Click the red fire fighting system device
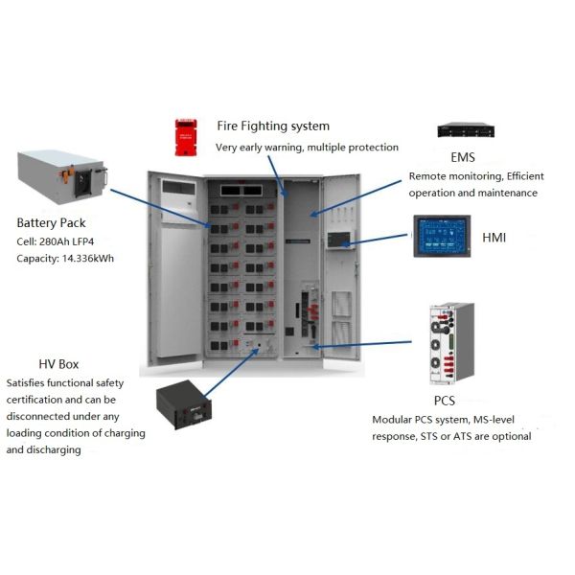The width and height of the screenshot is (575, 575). click(x=184, y=137)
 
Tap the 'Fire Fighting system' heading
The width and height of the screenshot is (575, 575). click(x=273, y=126)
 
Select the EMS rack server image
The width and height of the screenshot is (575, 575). click(x=467, y=130)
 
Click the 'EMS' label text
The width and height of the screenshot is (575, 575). click(x=462, y=156)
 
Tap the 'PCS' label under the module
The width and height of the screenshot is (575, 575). click(x=444, y=400)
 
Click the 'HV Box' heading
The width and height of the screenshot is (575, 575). click(x=58, y=364)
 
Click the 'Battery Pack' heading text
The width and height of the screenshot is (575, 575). click(x=54, y=221)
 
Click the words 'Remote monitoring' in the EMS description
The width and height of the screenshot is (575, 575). click(x=453, y=176)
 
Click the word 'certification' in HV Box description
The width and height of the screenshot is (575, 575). click(x=38, y=400)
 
